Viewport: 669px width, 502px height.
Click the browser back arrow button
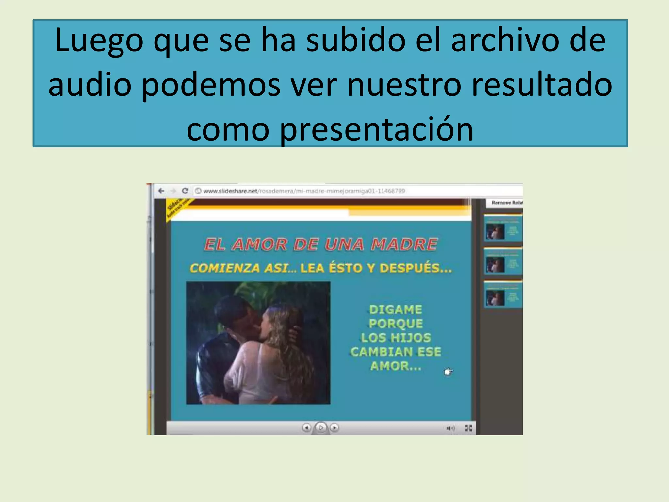point(161,191)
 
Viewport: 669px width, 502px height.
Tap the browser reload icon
point(185,191)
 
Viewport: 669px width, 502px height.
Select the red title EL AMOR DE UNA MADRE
point(321,244)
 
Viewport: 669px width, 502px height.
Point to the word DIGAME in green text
point(396,310)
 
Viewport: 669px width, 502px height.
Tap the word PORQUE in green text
point(396,324)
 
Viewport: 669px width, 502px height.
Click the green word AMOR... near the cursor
point(396,366)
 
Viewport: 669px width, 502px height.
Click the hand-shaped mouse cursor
point(448,372)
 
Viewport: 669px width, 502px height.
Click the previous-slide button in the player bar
point(306,427)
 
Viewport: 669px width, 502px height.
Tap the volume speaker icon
point(450,428)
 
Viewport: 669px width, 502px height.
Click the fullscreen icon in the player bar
point(468,428)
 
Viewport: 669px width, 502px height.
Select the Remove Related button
point(507,203)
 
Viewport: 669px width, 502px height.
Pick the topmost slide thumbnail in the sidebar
point(503,228)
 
